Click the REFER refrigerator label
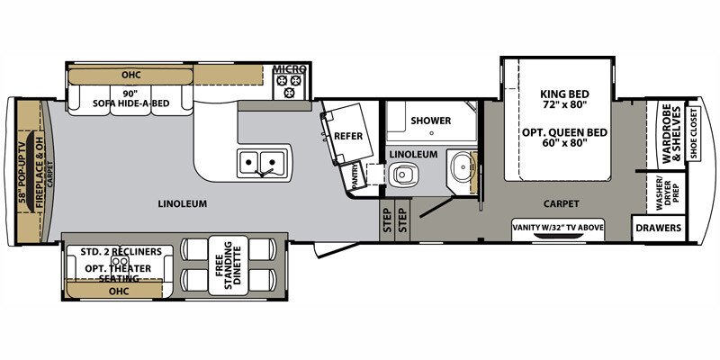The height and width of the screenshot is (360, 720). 347,136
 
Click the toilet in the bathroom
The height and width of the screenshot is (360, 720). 404,175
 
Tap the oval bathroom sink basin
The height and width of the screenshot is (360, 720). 463,168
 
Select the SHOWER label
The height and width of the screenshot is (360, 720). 430,121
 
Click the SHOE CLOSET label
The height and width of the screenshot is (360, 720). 694,133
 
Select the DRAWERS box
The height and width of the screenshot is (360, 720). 658,228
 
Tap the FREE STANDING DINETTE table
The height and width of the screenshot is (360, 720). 228,265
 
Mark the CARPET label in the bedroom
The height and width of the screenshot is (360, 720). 562,203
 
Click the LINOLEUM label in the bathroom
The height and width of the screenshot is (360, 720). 413,155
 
